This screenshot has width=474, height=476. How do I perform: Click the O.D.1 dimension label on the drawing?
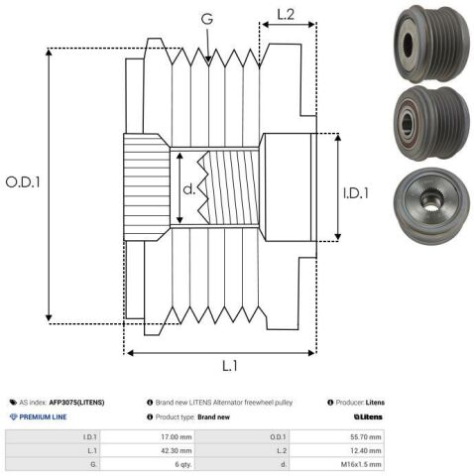pos(23,181)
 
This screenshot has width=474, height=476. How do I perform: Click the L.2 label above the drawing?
pos(286,15)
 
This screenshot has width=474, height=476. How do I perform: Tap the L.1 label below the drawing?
pos(230,366)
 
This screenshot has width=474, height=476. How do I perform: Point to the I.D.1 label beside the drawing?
pos(356,193)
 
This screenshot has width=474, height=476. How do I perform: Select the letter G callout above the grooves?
pos(207,19)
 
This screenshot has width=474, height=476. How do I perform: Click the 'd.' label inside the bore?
pos(189,189)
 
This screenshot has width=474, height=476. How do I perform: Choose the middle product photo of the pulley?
pos(431,123)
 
